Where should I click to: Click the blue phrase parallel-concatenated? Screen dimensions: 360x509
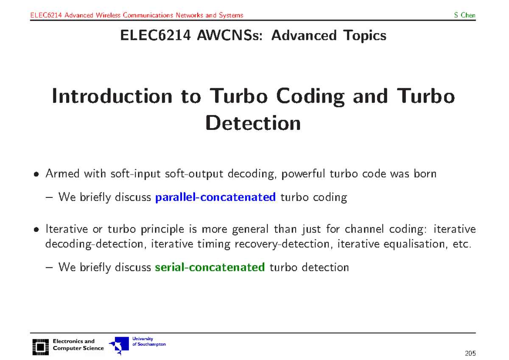[x=216, y=197]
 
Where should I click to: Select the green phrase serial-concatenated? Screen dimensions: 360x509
[x=210, y=267]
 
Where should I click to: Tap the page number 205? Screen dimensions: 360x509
[x=470, y=353]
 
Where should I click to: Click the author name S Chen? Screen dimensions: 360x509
[x=464, y=15]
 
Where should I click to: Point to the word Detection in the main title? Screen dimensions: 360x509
[x=253, y=123]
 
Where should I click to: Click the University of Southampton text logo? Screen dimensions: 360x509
[x=149, y=341]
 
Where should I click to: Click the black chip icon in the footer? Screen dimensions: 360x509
[x=40, y=346]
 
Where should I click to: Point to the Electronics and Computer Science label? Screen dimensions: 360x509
[x=78, y=345]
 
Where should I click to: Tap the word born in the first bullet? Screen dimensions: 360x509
[x=425, y=174]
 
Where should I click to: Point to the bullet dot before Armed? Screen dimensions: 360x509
[x=37, y=174]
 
